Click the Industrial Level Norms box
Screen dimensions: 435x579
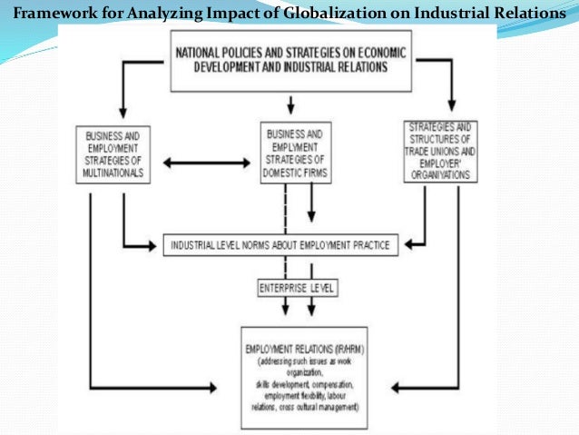[x=280, y=245]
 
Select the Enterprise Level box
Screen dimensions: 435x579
[x=296, y=288]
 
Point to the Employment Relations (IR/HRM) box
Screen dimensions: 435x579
[x=303, y=377]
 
